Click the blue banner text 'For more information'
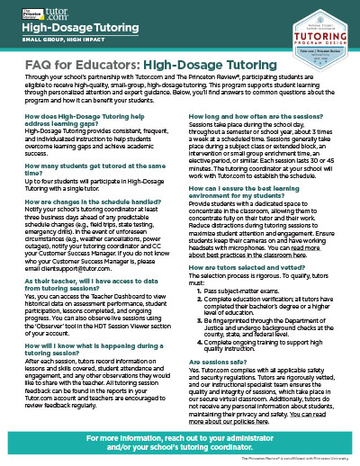coord(179,440)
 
